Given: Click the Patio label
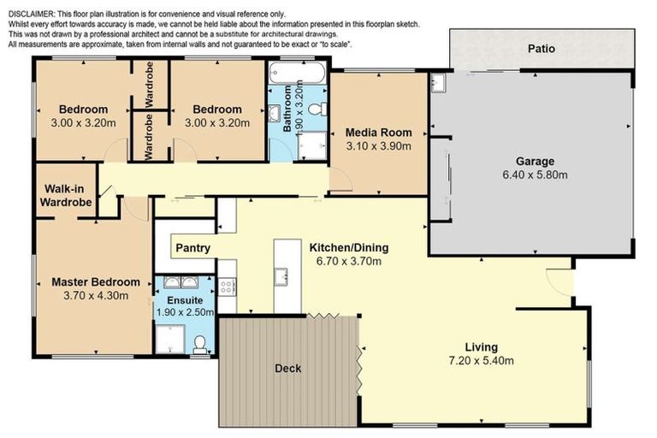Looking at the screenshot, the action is pos(542,49).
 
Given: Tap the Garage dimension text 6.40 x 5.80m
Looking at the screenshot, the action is pos(535,175).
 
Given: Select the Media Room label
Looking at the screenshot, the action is pos(378,133).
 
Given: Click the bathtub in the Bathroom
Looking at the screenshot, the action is pos(297,73).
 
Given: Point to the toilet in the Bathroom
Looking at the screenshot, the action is pos(318,109).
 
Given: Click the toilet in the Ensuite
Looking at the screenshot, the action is pos(200,344).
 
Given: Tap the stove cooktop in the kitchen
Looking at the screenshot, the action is pos(227,287).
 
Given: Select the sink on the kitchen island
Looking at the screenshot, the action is pos(281,276).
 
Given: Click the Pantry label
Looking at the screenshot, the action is pos(192,248).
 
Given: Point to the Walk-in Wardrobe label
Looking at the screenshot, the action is pos(66,195).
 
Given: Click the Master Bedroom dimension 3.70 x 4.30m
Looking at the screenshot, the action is pos(96,295).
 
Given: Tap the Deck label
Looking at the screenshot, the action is pos(287,369).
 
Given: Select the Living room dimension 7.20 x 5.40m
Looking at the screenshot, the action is pos(481,360).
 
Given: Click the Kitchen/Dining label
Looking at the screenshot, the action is pos(349,248).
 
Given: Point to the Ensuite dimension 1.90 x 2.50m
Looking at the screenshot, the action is pos(185,312).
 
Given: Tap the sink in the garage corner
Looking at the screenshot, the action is pos(438,83).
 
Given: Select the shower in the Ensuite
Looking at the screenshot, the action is pos(170,339).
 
